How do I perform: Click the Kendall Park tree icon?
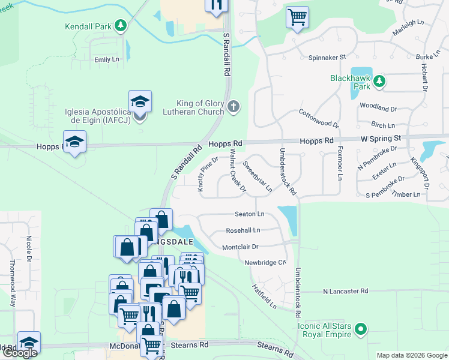coord(121,26)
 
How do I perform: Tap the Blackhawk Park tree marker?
coord(379,82)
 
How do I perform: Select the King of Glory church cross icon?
coord(234,107)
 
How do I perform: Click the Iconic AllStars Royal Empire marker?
coord(360,328)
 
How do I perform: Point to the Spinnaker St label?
coord(328,57)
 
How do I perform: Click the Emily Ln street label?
coord(107,60)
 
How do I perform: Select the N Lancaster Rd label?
coord(345,291)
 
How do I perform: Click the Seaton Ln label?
coord(250,214)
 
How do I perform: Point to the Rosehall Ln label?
coord(243,230)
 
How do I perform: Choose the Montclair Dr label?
coord(240,247)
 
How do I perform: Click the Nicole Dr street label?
coord(28,250)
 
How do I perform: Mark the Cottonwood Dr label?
coord(320,118)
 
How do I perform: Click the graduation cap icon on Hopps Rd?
coord(75,142)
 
